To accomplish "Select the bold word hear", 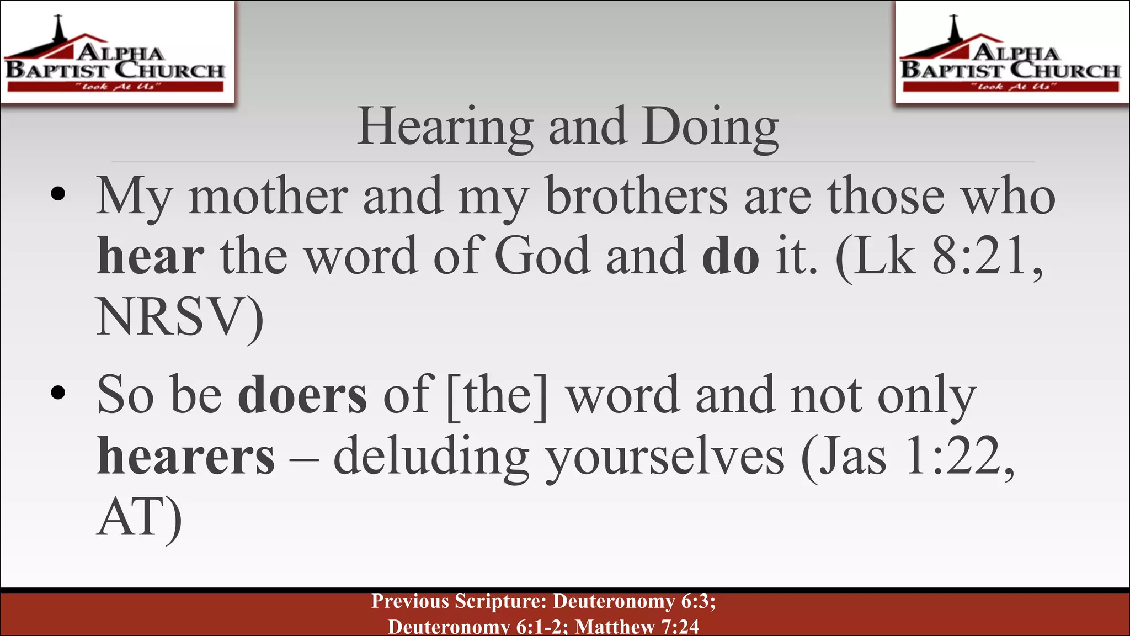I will pyautogui.click(x=151, y=256).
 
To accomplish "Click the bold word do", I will pyautogui.click(x=731, y=256).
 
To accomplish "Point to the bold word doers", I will pyautogui.click(x=302, y=395).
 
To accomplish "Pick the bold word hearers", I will pyautogui.click(x=186, y=457).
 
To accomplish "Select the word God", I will pyautogui.click(x=542, y=256).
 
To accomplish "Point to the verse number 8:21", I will pyautogui.click(x=979, y=256).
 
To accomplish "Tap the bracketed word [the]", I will pyautogui.click(x=497, y=395).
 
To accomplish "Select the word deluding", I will pyautogui.click(x=431, y=457).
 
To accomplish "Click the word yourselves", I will pyautogui.click(x=664, y=457).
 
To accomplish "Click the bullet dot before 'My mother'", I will pyautogui.click(x=58, y=194).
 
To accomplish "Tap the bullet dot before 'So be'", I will pyautogui.click(x=58, y=393).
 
